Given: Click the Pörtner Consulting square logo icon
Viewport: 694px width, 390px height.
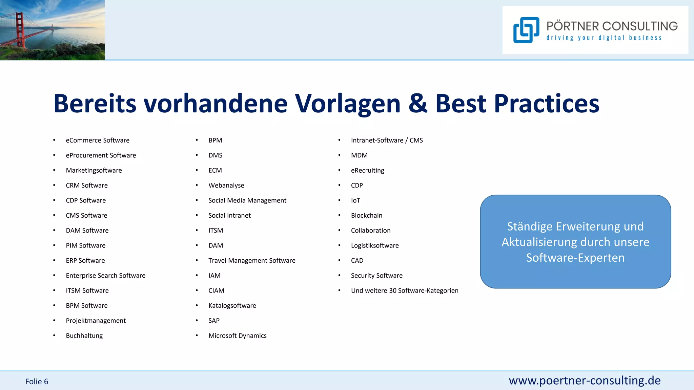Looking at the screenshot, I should pos(526,30).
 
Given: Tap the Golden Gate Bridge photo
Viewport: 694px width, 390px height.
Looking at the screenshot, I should pos(52,30).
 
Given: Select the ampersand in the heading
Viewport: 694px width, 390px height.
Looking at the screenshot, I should pos(418,103).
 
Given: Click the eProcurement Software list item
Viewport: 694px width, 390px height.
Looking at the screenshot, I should pos(101,155).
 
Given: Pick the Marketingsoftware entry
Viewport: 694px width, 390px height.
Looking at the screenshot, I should pos(94,170).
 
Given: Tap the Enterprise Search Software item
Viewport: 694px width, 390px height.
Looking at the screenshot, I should pos(105,276).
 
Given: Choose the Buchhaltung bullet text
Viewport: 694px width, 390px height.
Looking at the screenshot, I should pos(84,335).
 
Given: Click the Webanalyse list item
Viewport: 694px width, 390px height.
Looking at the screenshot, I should pos(226,186).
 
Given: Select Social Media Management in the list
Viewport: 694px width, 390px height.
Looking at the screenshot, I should pos(247,200).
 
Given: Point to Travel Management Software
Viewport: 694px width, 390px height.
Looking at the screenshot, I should pos(252,261).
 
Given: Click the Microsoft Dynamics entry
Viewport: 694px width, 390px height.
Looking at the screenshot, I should pos(237,335).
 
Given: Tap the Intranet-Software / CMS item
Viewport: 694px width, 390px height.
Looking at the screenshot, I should pos(387,140).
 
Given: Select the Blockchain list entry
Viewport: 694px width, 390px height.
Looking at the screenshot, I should pos(366,216).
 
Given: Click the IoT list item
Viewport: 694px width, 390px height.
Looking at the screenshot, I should pos(355,200).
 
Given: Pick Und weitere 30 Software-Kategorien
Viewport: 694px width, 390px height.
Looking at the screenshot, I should pos(404,290).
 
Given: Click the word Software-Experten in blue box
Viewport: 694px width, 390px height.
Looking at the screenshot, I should pos(575,258).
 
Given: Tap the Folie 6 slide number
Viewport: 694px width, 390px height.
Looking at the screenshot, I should pos(37,382).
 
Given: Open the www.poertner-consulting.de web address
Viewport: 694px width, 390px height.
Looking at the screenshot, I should pos(585,381).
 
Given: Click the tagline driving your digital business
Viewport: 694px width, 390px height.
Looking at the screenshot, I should pos(604,38).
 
